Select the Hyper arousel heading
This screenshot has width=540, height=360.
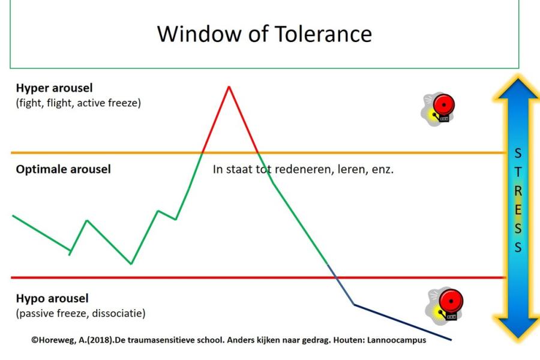coord(54,88)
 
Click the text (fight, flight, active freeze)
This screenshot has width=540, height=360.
coord(78,103)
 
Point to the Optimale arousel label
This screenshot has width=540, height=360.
coord(63,169)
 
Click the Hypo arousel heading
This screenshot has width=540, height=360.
coord(52,298)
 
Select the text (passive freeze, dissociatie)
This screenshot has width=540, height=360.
coord(80,313)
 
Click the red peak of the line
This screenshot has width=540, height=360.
coord(229,88)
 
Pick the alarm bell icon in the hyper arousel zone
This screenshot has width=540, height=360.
coord(438,109)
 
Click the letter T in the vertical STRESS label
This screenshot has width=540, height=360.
coord(517,172)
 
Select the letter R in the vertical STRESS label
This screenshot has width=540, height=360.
coord(517,191)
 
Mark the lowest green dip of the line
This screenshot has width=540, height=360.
coord(131,263)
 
